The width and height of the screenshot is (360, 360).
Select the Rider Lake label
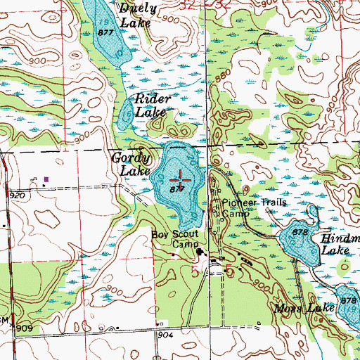(x=150, y=105)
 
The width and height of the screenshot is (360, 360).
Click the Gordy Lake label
(x=130, y=165)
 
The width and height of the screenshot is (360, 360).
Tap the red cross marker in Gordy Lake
(x=181, y=179)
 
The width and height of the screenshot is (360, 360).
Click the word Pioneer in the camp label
(x=238, y=201)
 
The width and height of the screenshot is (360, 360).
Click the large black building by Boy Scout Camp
(x=200, y=254)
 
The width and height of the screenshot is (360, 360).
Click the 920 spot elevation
(x=17, y=193)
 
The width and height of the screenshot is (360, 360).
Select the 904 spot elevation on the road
(x=165, y=335)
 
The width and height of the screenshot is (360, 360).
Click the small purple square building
(x=46, y=179)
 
